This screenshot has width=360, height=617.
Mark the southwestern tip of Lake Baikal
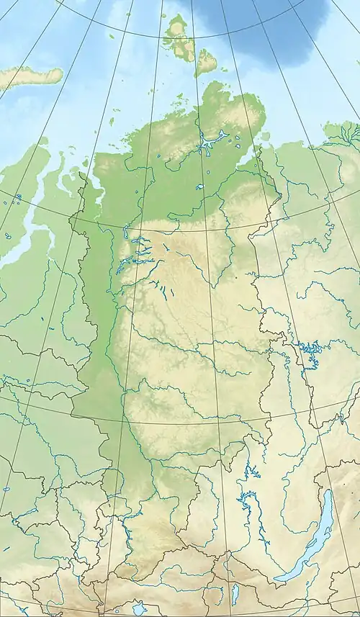point(277,580)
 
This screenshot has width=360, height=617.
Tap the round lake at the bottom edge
point(139,608)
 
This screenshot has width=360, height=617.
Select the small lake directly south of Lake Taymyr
point(199,186)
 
